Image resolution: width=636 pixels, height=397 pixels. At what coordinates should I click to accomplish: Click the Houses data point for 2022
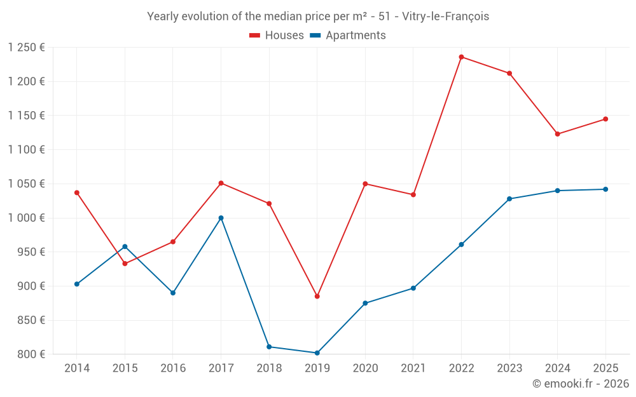point(461,57)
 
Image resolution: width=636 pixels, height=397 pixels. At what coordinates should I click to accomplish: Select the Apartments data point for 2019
point(317,353)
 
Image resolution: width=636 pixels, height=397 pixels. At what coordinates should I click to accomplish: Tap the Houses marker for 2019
point(317,296)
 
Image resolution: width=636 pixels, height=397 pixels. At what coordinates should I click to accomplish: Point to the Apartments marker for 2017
point(221,218)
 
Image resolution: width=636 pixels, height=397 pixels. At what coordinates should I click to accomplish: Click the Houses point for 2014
point(77,192)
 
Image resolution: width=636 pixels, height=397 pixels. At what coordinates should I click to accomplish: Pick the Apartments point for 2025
point(605,189)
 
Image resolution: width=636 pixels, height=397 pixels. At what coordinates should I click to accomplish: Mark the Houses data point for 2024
point(557,134)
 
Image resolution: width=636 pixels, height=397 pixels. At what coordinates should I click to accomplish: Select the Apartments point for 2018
point(269,347)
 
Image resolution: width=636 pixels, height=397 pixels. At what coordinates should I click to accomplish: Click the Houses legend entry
point(277,36)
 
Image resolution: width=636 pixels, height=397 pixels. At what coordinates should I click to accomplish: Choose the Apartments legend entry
point(348,36)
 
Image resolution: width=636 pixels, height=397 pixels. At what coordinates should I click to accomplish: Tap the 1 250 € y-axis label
point(26,48)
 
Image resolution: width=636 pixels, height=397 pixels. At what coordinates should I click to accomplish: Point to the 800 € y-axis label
point(31,354)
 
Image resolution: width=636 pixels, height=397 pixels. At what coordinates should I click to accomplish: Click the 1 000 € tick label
point(26,218)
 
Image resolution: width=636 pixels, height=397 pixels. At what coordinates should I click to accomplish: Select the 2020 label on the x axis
point(365,368)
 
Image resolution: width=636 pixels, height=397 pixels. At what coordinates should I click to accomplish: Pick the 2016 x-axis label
point(173,368)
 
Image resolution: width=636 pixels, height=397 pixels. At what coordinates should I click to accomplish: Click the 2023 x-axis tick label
point(509,368)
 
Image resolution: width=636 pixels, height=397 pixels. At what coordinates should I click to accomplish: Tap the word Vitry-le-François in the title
point(446,17)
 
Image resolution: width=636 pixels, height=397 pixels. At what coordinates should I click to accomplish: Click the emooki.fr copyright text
point(580,384)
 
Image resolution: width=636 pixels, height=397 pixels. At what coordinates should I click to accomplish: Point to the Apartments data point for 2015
point(125,246)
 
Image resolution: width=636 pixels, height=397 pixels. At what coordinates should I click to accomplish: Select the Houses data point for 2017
point(221,183)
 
